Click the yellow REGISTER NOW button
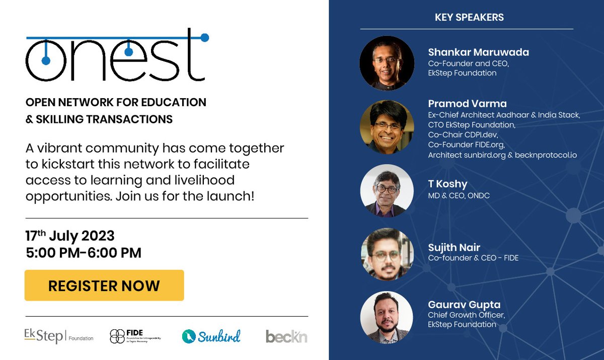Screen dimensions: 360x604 click(104, 285)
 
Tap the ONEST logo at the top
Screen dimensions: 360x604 click(117, 55)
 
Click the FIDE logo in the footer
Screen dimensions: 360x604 click(135, 336)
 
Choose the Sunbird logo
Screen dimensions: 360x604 click(211, 336)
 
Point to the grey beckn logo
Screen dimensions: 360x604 click(286, 336)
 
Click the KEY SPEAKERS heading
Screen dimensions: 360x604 click(469, 18)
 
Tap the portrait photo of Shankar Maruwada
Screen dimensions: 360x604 click(387, 63)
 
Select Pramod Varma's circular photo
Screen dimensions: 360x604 click(387, 126)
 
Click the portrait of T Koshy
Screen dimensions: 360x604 click(387, 191)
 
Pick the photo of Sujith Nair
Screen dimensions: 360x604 click(387, 254)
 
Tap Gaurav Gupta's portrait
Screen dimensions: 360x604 click(387, 318)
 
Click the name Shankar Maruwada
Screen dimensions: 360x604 click(478, 52)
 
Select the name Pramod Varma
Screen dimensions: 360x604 click(467, 104)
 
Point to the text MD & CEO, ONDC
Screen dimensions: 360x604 click(459, 195)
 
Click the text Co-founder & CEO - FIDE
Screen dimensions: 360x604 click(473, 258)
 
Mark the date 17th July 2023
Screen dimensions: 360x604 click(70, 236)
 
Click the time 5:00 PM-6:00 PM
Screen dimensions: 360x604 click(84, 252)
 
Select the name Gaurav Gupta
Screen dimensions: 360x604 click(464, 305)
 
